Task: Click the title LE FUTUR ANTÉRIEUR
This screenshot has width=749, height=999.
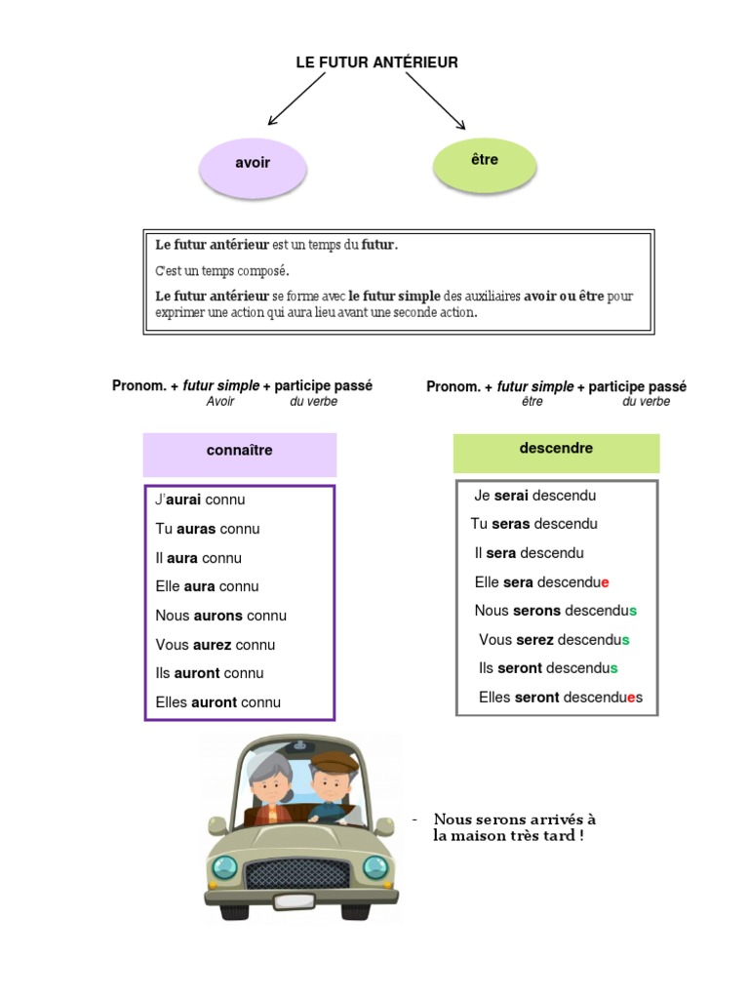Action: click(x=376, y=62)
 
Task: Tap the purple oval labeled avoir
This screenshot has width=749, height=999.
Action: click(x=253, y=164)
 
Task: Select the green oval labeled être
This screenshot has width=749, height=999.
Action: click(x=484, y=160)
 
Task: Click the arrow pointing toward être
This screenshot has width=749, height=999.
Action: click(x=436, y=100)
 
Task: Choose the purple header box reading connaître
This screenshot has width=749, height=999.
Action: click(x=240, y=452)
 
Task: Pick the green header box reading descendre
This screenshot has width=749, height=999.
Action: click(x=556, y=450)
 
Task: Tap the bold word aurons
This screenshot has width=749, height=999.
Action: click(x=218, y=616)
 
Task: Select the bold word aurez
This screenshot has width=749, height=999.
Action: click(x=212, y=645)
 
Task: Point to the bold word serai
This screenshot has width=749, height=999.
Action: click(x=511, y=496)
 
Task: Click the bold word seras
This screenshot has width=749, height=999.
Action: click(x=511, y=524)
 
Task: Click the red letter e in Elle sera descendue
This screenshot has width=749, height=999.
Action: click(x=605, y=582)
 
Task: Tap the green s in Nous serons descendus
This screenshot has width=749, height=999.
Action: click(x=633, y=611)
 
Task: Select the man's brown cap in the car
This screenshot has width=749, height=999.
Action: click(x=333, y=761)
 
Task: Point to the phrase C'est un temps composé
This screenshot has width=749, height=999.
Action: click(x=222, y=270)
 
